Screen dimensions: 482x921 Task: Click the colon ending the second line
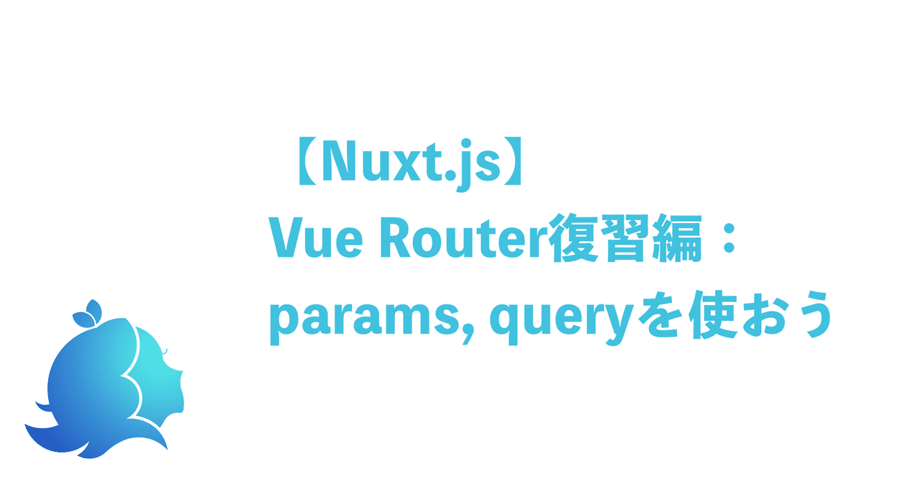tap(728, 241)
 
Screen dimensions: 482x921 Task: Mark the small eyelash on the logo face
tap(165, 350)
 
